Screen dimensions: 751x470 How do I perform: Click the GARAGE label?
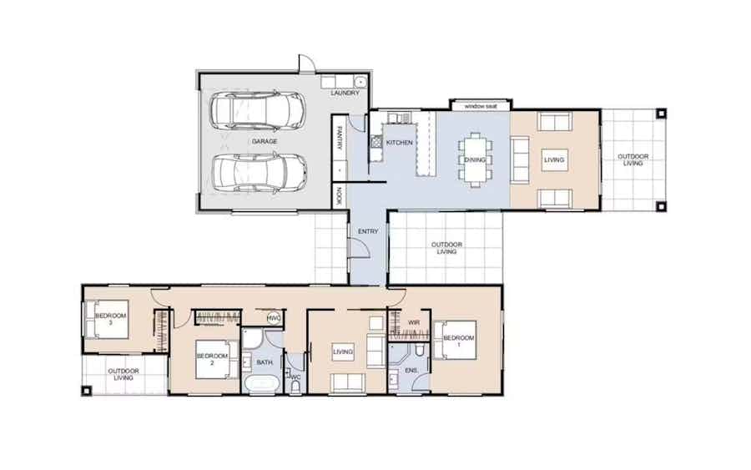click(x=265, y=141)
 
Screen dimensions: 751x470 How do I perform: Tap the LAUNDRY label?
click(x=345, y=93)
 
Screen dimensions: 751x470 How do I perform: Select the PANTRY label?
click(x=340, y=138)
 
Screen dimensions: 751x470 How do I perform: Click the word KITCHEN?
click(x=400, y=143)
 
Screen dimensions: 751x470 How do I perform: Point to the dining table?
click(x=475, y=159)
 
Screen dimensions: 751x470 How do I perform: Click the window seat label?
click(x=481, y=106)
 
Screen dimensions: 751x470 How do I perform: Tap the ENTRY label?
click(x=368, y=231)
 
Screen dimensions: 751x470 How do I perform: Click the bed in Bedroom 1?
click(x=455, y=340)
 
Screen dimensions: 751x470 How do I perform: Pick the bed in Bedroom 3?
click(x=107, y=319)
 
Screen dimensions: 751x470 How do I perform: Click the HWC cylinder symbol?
click(x=274, y=318)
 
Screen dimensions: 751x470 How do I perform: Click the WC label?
click(x=295, y=377)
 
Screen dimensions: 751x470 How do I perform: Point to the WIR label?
click(x=413, y=323)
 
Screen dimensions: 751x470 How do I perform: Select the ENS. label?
click(x=411, y=371)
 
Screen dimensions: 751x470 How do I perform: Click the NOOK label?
click(x=340, y=196)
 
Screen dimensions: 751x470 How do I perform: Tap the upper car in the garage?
click(x=257, y=111)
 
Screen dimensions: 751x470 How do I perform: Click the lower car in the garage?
click(x=260, y=174)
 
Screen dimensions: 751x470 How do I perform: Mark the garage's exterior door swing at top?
click(x=307, y=63)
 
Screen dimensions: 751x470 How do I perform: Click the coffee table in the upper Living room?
click(x=554, y=160)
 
